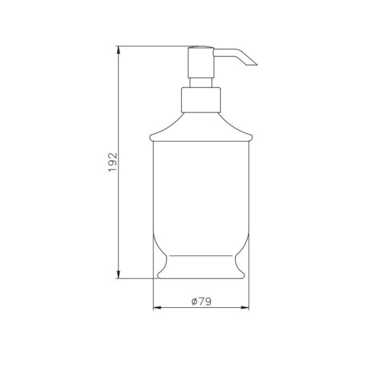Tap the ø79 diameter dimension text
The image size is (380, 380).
coord(201,302)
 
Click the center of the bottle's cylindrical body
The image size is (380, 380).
coord(201,190)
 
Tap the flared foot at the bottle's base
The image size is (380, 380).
coord(201,269)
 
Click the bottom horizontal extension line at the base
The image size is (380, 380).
coord(136,278)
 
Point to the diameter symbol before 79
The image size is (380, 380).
coord(194,302)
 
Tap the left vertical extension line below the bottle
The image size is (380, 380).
coord(153,294)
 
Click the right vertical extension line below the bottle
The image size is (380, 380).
coord(249,294)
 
